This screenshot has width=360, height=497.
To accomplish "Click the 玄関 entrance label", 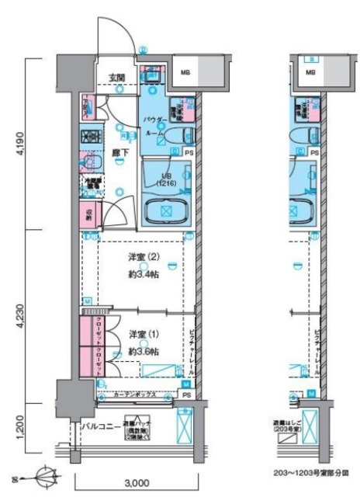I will (x=116, y=76).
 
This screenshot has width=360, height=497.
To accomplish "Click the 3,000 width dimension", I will (x=135, y=483).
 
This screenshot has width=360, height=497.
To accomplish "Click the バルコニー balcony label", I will (x=99, y=426).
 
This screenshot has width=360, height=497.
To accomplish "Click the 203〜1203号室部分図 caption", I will (x=311, y=471).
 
